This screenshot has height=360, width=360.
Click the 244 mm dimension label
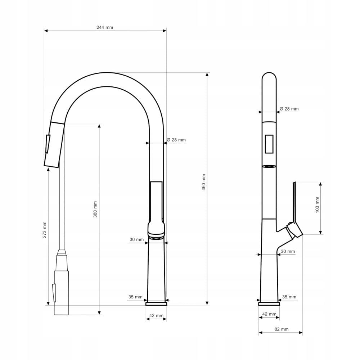(105, 27)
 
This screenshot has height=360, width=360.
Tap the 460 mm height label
(204, 183)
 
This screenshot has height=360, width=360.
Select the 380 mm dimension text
(95, 210)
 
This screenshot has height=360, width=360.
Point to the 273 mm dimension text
(45, 230)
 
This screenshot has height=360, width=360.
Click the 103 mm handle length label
(317, 205)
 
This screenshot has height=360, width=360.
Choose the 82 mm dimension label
(282, 329)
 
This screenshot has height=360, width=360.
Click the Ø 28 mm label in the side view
(289, 109)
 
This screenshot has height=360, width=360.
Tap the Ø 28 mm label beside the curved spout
(176, 140)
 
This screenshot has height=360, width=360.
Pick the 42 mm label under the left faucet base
(156, 316)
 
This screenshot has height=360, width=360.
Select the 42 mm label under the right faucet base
(269, 314)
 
